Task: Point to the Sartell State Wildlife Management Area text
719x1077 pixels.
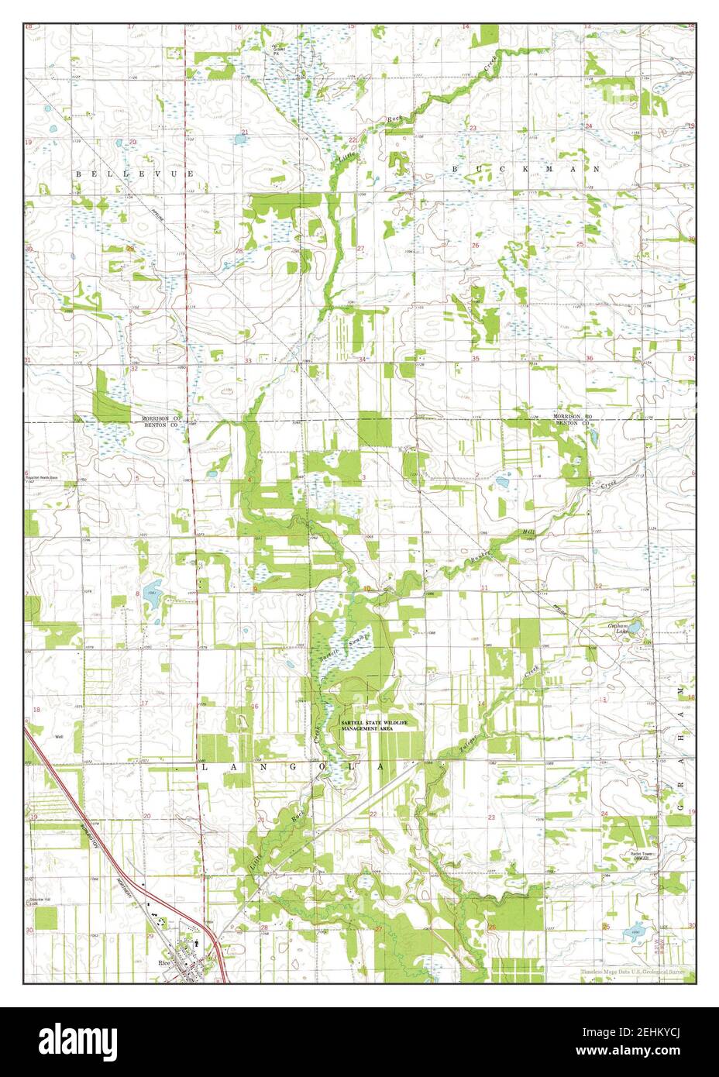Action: pyautogui.click(x=373, y=726)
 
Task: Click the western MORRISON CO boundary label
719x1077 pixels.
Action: pyautogui.click(x=160, y=418)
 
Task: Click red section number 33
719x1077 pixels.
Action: pyautogui.click(x=249, y=361)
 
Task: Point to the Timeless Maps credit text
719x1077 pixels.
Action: pyautogui.click(x=633, y=972)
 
